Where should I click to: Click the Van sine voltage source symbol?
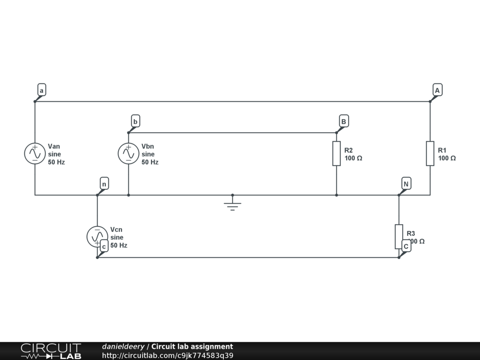pyautogui.click(x=35, y=154)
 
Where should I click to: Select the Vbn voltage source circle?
pyautogui.click(x=128, y=154)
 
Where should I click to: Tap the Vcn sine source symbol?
pyautogui.click(x=97, y=236)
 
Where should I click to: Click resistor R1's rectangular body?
pyautogui.click(x=430, y=153)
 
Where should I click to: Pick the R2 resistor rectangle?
pyautogui.click(x=337, y=153)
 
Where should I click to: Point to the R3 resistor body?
pyautogui.click(x=399, y=236)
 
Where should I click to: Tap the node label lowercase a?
pyautogui.click(x=41, y=90)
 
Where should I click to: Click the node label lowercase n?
pyautogui.click(x=104, y=184)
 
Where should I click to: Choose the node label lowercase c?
pyautogui.click(x=104, y=247)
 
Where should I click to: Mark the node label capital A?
pyautogui.click(x=437, y=90)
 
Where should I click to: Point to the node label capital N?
pyautogui.click(x=406, y=184)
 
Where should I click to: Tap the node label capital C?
pyautogui.click(x=406, y=246)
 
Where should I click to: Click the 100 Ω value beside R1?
pyautogui.click(x=447, y=158)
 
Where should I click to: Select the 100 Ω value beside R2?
pyautogui.click(x=353, y=158)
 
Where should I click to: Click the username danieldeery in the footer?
pyautogui.click(x=123, y=347)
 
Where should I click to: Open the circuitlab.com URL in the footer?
pyautogui.click(x=167, y=355)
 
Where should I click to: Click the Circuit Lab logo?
pyautogui.click(x=51, y=351)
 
